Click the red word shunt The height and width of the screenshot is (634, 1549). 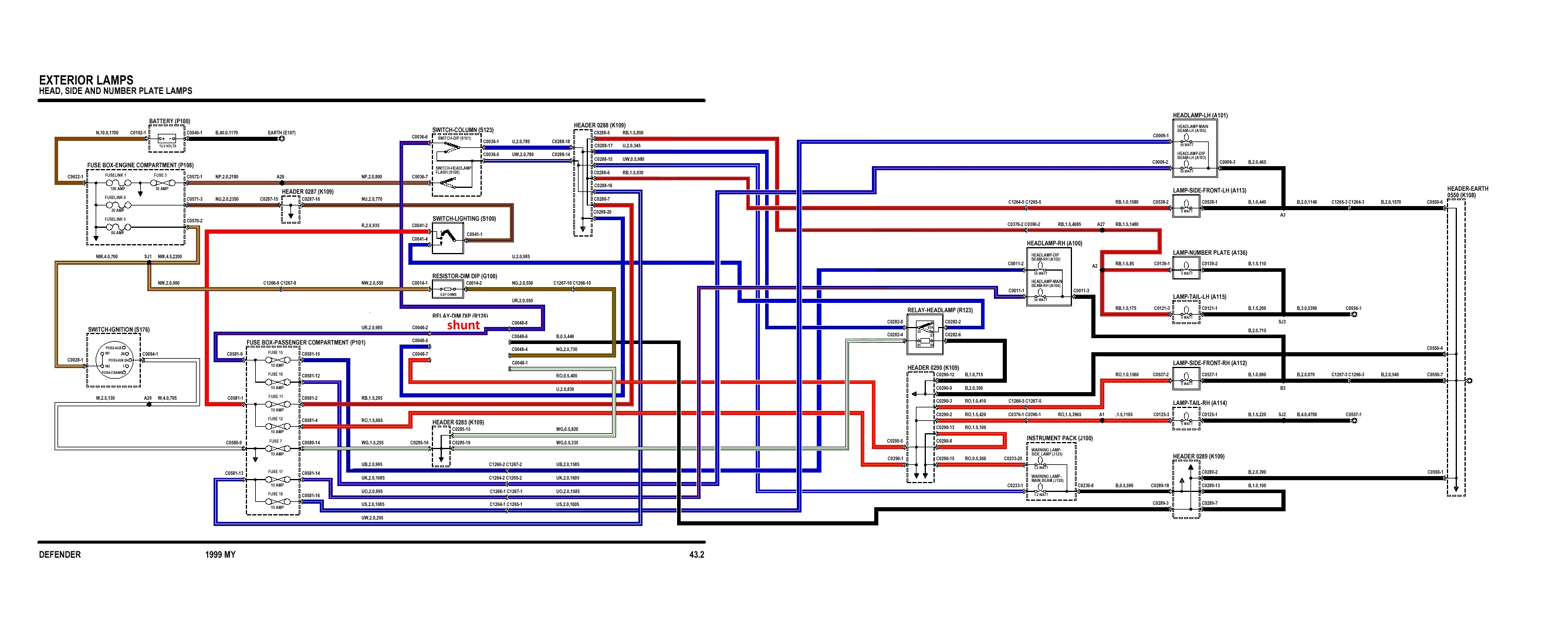tap(463, 325)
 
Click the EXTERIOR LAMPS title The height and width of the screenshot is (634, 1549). tap(86, 80)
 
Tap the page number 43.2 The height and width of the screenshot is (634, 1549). tap(696, 555)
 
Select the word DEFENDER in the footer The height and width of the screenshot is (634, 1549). tap(59, 555)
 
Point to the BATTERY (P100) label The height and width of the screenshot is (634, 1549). tap(170, 122)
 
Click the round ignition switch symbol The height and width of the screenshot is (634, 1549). tap(114, 360)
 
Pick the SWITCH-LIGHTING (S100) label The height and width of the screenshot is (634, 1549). tap(464, 219)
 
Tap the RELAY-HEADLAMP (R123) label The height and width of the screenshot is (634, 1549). tap(940, 311)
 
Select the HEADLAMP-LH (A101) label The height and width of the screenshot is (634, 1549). tap(1200, 116)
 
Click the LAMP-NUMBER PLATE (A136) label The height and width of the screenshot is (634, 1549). tap(1210, 253)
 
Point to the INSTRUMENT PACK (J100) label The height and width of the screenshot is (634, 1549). tap(1059, 439)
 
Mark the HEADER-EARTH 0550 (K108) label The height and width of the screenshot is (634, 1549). tap(1467, 192)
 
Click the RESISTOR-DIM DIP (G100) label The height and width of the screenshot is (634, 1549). tap(464, 276)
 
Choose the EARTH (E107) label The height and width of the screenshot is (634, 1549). tap(282, 133)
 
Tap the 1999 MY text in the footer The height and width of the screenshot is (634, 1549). tap(220, 555)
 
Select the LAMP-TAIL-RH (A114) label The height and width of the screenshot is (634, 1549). tap(1200, 403)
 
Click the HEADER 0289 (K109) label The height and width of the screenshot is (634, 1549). tap(1199, 457)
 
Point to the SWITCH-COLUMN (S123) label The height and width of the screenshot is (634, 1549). tap(462, 130)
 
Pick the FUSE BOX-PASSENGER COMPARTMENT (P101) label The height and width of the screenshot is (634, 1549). tap(306, 343)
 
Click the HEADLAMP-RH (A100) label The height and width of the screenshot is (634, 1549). tap(1054, 244)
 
